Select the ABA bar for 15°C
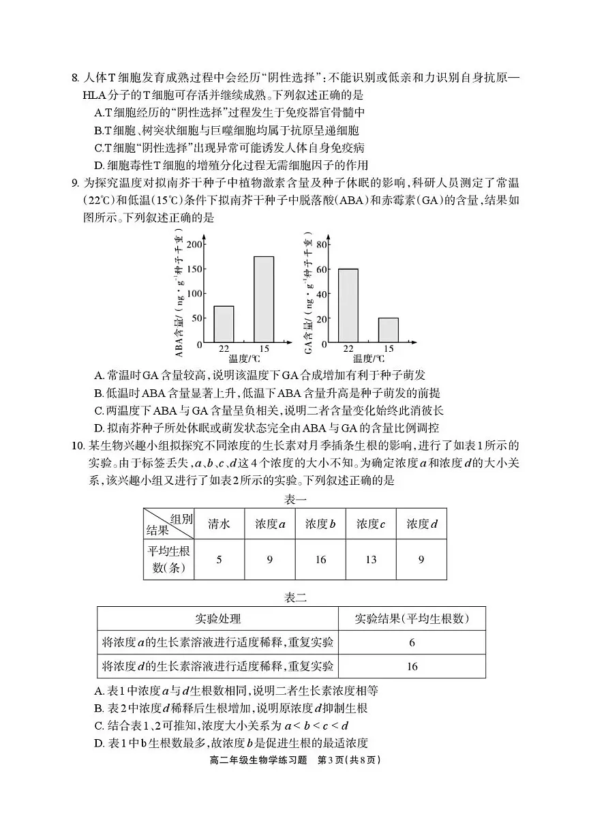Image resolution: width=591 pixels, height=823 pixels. [x=264, y=299]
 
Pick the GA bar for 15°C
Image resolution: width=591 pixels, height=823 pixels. [x=388, y=330]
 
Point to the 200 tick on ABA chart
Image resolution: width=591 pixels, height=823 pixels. [x=195, y=245]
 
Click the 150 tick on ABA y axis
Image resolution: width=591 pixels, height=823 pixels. [x=195, y=269]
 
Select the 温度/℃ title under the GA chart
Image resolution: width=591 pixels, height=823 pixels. [x=368, y=358]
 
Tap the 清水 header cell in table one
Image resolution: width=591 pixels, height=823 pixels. [x=219, y=524]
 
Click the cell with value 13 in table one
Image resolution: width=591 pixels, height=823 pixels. [x=371, y=560]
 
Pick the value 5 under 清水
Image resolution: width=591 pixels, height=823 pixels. [x=219, y=560]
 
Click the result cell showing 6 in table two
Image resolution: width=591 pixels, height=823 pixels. [x=412, y=642]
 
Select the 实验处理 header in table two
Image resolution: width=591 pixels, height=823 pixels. [x=217, y=619]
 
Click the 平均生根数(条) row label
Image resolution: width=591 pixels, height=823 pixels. [x=168, y=560]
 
